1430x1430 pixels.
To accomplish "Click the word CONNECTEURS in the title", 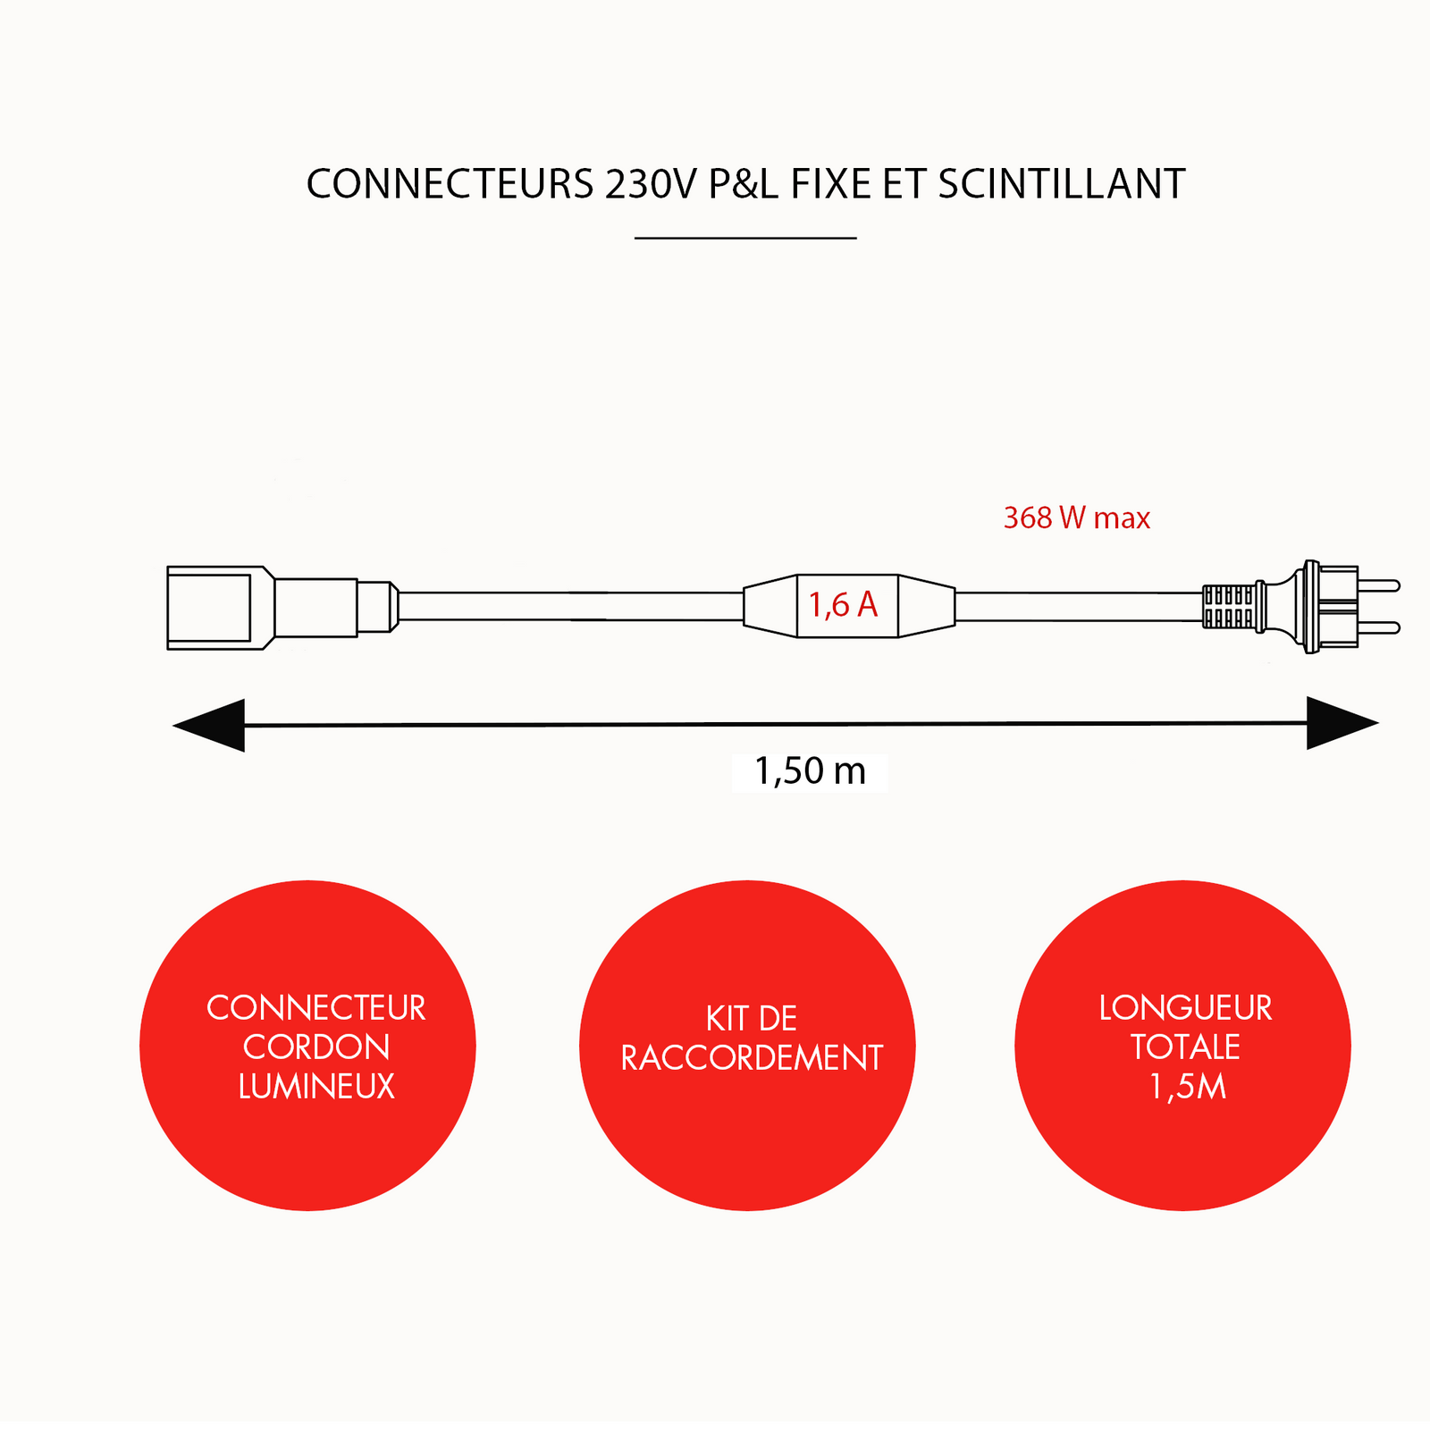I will [x=450, y=185].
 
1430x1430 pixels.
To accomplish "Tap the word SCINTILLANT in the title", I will [x=1062, y=185].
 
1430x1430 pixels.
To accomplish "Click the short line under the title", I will [x=745, y=239].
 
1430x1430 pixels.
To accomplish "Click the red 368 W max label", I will [x=1076, y=518].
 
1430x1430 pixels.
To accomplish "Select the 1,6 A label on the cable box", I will [x=843, y=606].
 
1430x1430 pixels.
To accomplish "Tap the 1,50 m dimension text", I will [x=810, y=771].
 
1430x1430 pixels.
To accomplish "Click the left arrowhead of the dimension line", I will [x=211, y=725].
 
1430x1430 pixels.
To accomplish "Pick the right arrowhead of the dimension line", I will [x=1341, y=723].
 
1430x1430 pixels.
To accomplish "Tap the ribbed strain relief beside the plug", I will [x=1229, y=607].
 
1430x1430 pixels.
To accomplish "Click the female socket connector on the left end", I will [x=214, y=608].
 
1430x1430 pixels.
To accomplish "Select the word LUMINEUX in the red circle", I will [x=316, y=1087].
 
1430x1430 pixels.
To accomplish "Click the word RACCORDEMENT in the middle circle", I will [x=751, y=1058].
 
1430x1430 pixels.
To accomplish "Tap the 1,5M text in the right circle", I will [x=1186, y=1087].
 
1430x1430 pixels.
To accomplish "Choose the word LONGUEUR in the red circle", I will [x=1185, y=1008].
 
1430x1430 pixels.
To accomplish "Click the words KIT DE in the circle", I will [x=751, y=1019].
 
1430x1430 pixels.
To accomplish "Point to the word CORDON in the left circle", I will [x=316, y=1047].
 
